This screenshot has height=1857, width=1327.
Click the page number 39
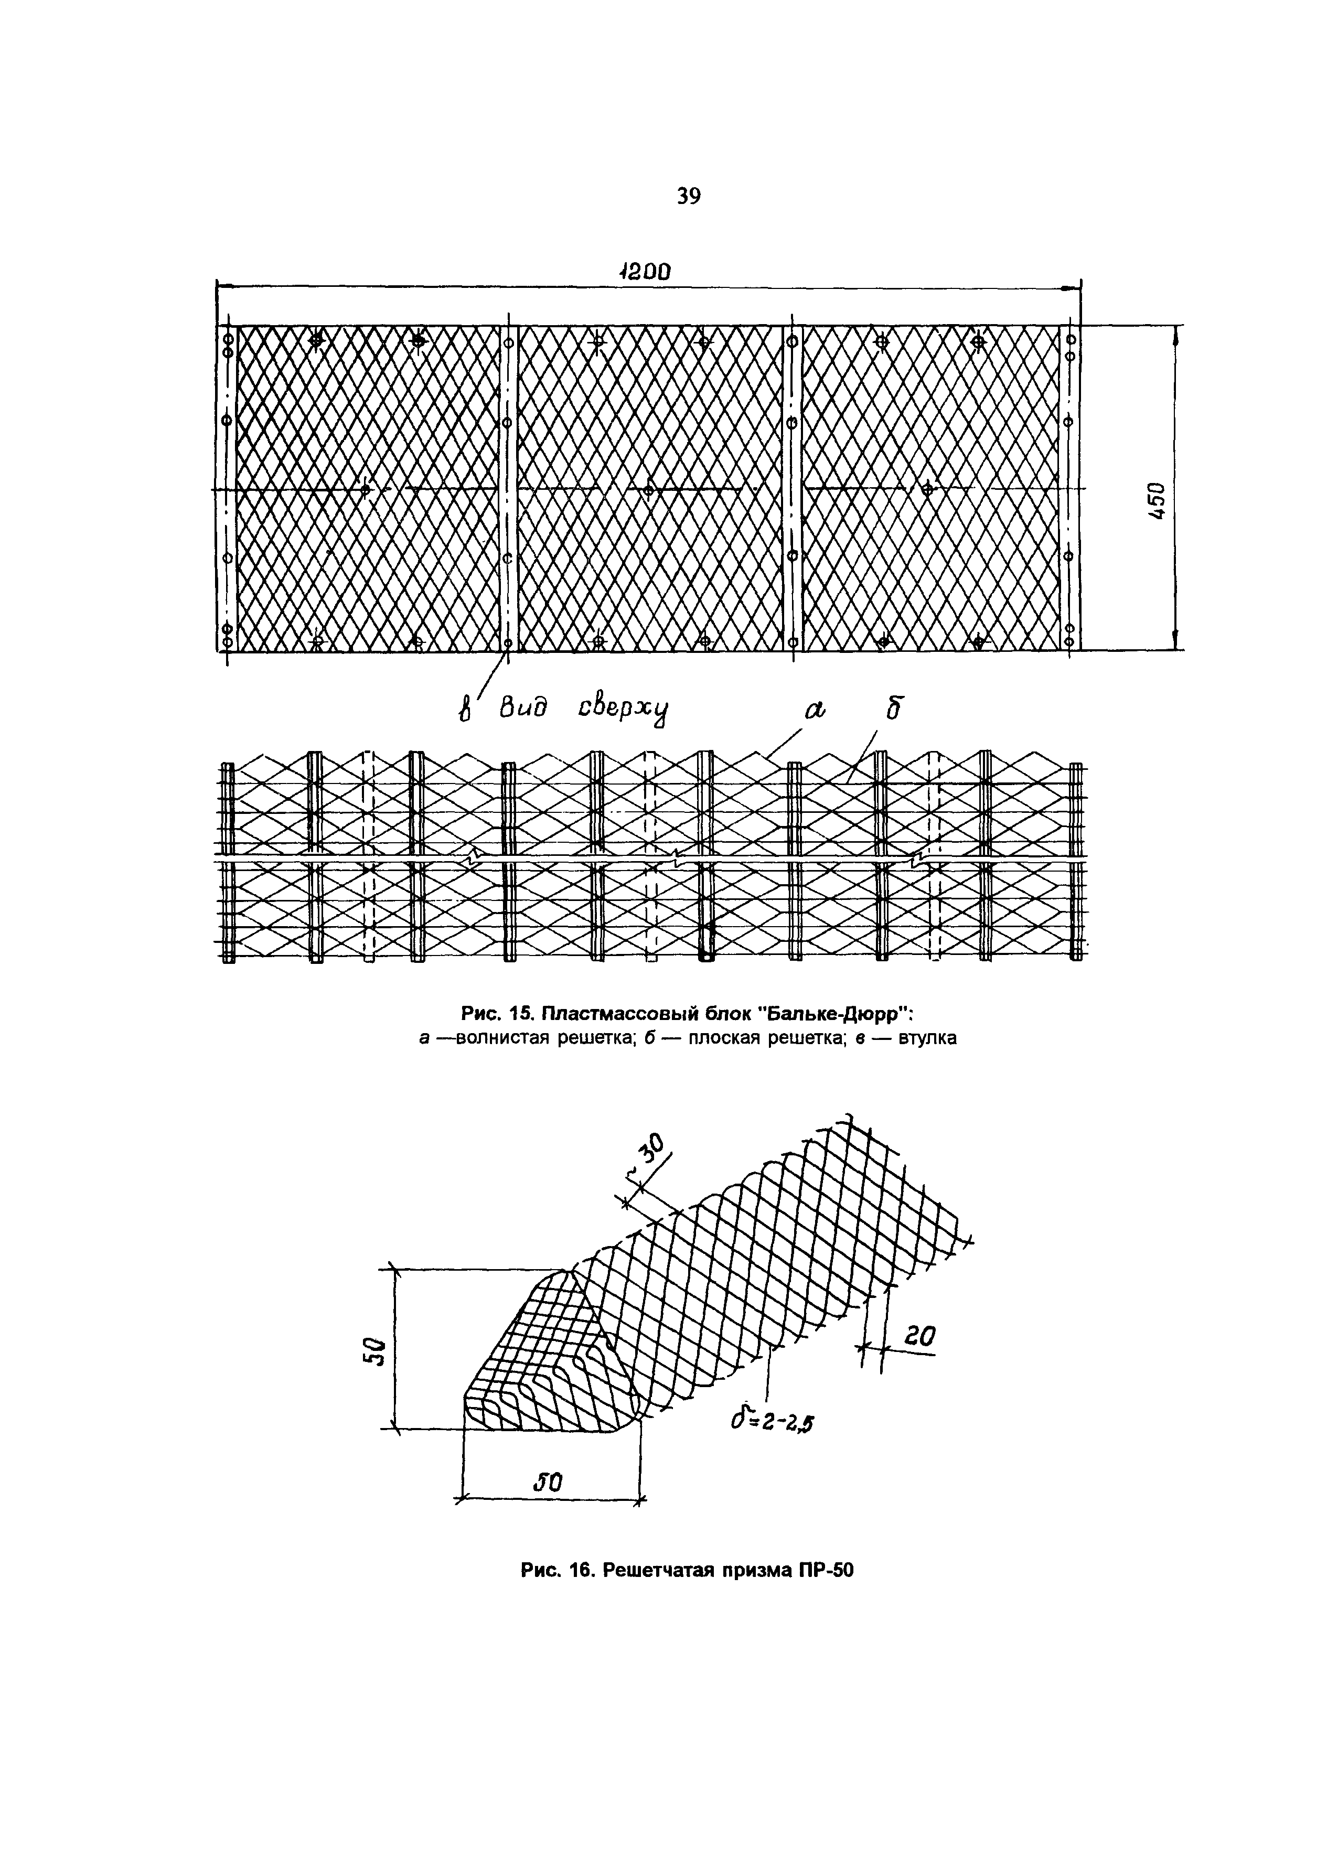click(x=689, y=196)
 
